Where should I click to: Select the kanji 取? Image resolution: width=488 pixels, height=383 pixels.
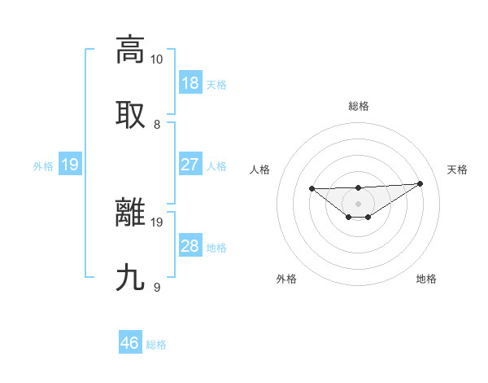[130, 114]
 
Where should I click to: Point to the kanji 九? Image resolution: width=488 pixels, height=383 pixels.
[130, 278]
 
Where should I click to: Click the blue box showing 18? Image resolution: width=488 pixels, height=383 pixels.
[190, 83]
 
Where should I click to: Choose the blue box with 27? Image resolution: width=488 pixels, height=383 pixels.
[190, 165]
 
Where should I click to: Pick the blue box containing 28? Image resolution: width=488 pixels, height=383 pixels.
[190, 246]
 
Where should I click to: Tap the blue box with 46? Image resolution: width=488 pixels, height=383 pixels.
[130, 343]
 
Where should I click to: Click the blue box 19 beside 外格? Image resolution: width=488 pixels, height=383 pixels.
[69, 165]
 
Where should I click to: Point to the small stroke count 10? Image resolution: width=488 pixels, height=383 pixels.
[157, 59]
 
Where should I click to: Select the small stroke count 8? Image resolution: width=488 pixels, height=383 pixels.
[157, 125]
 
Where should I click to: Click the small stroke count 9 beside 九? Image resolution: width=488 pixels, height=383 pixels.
[157, 288]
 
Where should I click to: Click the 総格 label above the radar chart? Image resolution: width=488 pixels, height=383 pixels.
[359, 106]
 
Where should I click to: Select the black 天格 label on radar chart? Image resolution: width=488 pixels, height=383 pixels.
[457, 169]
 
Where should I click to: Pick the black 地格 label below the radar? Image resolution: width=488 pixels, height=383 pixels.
[426, 279]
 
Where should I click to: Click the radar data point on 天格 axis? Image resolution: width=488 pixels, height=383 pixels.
[420, 183]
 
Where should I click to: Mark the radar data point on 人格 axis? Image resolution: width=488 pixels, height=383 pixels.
[312, 188]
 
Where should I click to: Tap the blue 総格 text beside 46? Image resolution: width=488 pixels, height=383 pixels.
[156, 345]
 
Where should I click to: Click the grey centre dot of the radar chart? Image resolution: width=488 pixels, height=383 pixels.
[359, 203]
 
